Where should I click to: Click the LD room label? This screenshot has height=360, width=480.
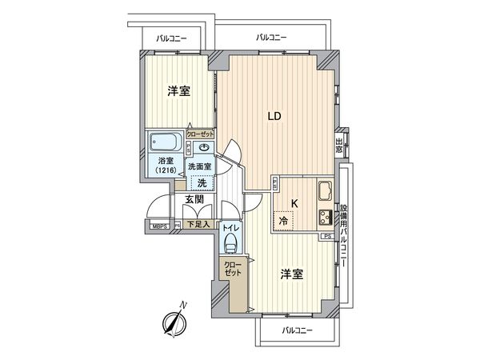point(274,116)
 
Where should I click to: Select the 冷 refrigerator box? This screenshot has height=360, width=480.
point(283,220)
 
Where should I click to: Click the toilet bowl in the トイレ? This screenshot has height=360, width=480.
point(230,242)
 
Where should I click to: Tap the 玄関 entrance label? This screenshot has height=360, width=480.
point(196,201)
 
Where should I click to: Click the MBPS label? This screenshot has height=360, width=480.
point(161,226)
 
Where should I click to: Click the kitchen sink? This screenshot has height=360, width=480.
point(325,193)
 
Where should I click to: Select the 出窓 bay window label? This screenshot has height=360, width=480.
point(340,146)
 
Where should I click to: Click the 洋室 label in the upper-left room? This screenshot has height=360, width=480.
point(178,90)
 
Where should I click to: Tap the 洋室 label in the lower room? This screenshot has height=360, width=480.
point(290,274)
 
